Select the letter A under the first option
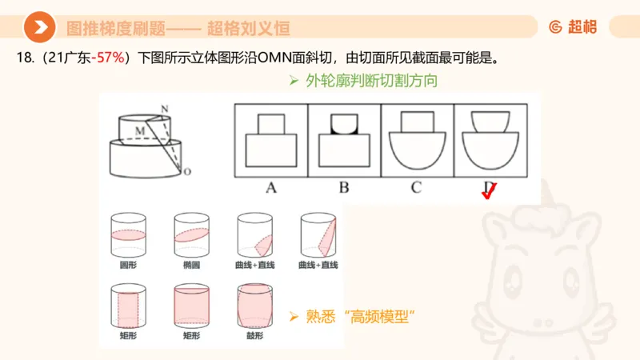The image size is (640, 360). tap(270, 189)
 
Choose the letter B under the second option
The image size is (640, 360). tap(344, 189)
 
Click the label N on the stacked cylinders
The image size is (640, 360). tap(164, 108)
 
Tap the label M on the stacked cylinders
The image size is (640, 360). tap(139, 128)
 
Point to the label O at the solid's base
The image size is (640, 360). tap(186, 171)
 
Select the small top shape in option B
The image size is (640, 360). tap(344, 124)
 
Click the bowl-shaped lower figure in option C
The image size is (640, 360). tap(418, 150)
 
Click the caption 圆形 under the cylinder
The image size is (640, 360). tap(128, 265)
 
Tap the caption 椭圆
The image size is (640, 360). tap(190, 265)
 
